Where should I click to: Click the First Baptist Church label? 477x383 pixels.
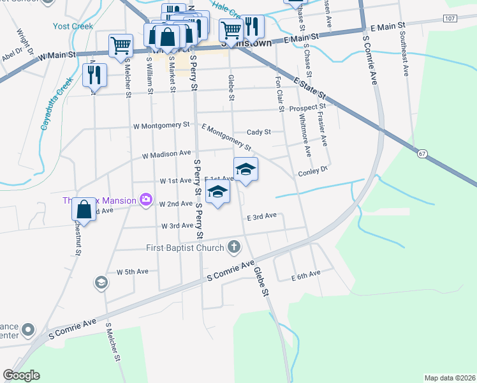[185, 248]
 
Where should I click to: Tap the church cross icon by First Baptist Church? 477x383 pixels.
[234, 247]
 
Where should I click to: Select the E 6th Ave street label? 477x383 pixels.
[305, 276]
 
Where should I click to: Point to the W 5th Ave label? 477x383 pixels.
[132, 271]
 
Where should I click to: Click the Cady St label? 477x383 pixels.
[259, 132]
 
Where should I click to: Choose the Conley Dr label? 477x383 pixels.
[312, 172]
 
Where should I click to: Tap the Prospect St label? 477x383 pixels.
[307, 107]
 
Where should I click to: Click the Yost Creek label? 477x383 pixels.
[74, 27]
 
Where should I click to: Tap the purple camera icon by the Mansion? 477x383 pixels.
[146, 200]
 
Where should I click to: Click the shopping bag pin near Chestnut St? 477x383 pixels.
[84, 209]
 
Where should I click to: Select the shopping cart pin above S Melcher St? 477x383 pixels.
[121, 46]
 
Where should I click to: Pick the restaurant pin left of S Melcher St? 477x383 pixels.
[94, 75]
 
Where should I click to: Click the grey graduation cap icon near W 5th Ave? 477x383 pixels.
[101, 282]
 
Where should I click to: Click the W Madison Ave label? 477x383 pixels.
[166, 154]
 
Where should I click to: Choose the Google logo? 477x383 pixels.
[22, 375]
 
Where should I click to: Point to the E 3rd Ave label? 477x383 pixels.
[261, 216]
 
